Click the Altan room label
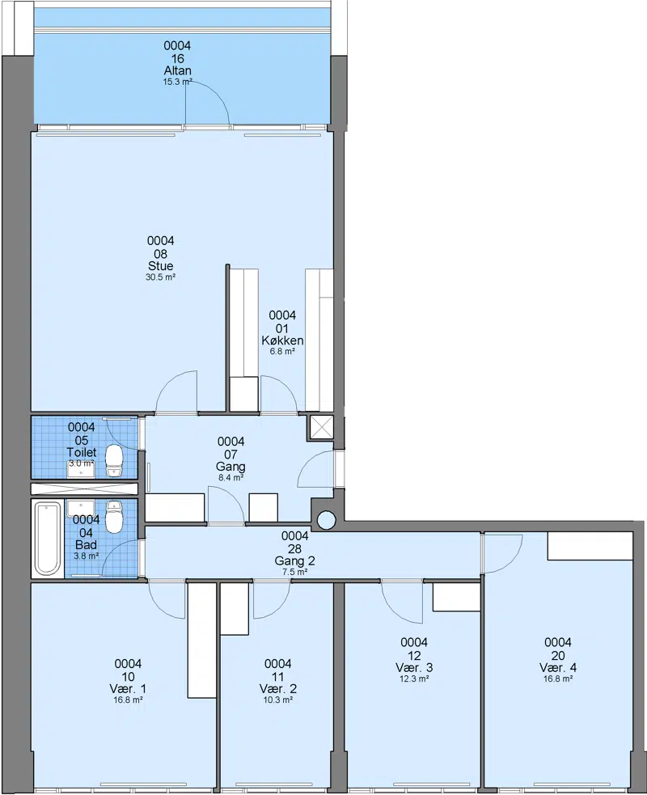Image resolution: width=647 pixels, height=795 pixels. click(177, 70)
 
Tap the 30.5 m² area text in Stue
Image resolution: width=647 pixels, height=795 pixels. click(161, 277)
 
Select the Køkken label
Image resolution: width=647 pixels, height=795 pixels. click(282, 340)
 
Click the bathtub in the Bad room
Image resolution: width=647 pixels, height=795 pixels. click(48, 538)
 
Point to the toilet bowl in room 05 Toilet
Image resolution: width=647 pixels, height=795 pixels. click(115, 461)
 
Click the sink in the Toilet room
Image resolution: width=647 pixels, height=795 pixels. click(81, 469)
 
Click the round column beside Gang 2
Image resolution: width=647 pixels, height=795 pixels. click(326, 519)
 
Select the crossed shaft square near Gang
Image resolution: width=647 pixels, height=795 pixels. click(320, 427)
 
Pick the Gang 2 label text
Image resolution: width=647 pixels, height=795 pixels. click(294, 560)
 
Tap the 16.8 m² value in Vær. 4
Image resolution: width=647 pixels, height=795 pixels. click(558, 679)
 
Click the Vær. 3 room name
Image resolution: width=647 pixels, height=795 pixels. click(414, 667)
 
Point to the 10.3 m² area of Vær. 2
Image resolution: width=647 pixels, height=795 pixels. click(278, 700)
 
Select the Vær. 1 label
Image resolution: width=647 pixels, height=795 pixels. click(128, 688)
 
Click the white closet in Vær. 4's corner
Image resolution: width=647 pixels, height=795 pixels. click(590, 546)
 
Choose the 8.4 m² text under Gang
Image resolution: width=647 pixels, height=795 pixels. click(230, 478)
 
